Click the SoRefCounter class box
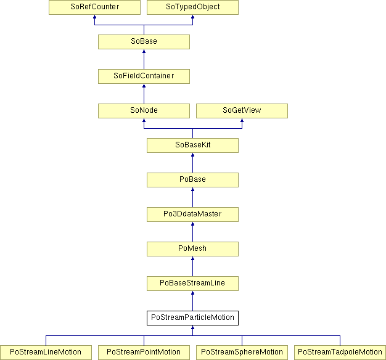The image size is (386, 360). point(94,7)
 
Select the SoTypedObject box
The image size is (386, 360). point(192,7)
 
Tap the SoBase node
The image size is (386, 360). point(144,42)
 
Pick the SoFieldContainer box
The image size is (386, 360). point(144,76)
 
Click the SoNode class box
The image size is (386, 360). point(144,111)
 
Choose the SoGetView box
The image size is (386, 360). point(242,111)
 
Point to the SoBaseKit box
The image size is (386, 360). point(192,145)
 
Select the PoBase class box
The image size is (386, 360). point(192,180)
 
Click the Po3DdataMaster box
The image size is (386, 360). point(192,215)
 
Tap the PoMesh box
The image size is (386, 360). point(192,249)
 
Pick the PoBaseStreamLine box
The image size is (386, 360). point(192,284)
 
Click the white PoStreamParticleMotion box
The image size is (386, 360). point(192,318)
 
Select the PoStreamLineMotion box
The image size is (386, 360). point(46,353)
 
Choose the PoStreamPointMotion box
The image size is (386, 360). point(144,353)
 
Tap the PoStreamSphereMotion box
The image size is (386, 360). point(242,353)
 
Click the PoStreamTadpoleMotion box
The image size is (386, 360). point(340,353)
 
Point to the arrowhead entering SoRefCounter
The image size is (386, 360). point(94,17)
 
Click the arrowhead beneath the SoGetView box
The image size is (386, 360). point(242,120)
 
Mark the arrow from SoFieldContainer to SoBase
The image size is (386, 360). point(144,59)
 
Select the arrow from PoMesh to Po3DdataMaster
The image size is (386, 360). point(192,232)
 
